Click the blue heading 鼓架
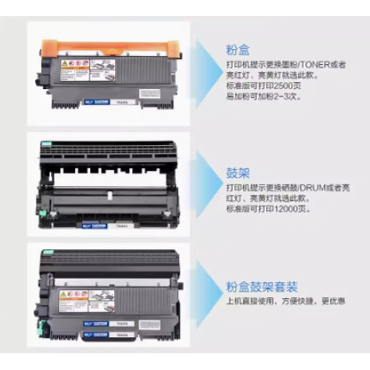[238, 174]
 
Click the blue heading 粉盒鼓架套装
[262, 287]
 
